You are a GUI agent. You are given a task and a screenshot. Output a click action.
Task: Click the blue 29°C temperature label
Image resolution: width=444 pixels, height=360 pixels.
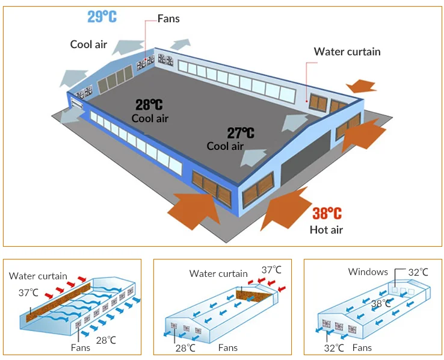(x=102, y=16)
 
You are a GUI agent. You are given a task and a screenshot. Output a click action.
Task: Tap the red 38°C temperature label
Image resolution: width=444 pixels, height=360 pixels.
(x=327, y=214)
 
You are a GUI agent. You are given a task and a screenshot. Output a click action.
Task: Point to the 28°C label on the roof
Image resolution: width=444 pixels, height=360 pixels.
(x=149, y=105)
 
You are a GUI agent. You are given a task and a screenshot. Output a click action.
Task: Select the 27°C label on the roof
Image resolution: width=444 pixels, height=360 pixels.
(x=241, y=133)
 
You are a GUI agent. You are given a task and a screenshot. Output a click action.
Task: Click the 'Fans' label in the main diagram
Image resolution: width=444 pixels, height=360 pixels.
(x=168, y=19)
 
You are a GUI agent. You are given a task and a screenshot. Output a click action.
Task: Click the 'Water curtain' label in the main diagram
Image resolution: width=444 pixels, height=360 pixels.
(x=347, y=52)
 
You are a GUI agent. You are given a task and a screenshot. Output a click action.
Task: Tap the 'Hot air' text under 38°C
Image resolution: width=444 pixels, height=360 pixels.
(x=326, y=229)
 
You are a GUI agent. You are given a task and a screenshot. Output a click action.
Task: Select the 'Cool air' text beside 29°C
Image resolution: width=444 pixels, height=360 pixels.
(x=88, y=44)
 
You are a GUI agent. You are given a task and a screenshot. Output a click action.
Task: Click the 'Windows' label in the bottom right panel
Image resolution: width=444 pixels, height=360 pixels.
(x=368, y=272)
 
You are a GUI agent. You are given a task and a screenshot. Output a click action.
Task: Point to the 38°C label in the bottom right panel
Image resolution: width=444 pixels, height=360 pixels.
(x=381, y=303)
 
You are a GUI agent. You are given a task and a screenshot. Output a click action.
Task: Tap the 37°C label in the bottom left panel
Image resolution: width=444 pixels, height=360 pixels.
(x=28, y=293)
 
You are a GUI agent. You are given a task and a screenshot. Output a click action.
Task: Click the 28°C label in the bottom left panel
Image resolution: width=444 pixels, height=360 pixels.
(x=105, y=340)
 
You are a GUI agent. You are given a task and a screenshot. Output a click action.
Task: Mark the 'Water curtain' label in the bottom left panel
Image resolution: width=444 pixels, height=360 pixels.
(x=38, y=276)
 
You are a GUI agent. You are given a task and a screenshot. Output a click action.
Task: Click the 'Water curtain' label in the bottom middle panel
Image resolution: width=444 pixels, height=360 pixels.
(x=218, y=274)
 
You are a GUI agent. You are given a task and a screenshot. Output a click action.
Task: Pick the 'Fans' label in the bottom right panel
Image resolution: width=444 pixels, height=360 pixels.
(x=362, y=347)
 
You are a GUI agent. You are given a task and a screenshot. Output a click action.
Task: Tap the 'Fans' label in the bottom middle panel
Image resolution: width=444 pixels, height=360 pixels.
(x=227, y=347)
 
